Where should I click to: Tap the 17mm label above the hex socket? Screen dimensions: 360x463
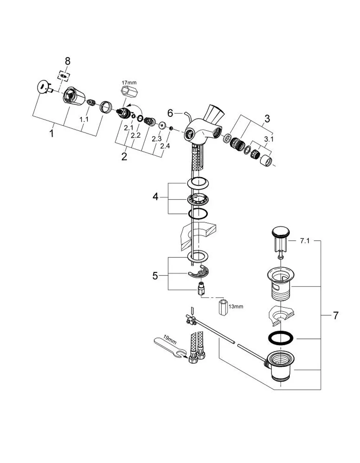(x=129, y=82)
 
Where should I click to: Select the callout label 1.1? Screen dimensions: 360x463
(x=84, y=119)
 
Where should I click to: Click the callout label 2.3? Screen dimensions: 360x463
(x=157, y=139)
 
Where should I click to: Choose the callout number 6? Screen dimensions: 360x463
(x=170, y=113)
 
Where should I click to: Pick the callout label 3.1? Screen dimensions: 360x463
(x=269, y=139)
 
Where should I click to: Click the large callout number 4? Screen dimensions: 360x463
(x=156, y=197)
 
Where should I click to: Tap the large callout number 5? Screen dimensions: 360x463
(x=155, y=276)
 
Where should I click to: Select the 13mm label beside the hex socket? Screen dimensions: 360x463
(x=236, y=307)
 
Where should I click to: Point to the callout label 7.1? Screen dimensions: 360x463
(x=305, y=241)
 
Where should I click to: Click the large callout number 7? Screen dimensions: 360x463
(x=336, y=316)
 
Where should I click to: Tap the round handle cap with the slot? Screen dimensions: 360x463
(x=42, y=87)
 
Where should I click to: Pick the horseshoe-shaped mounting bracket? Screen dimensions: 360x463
(x=199, y=272)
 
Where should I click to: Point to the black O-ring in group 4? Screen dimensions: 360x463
(x=198, y=213)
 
